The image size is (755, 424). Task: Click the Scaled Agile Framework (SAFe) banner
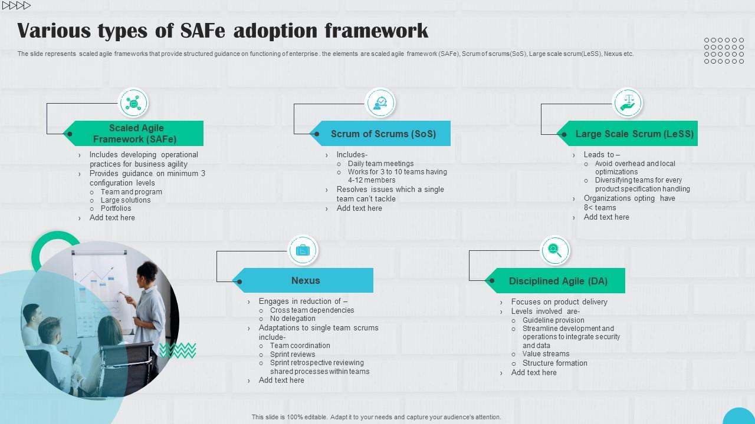click(136, 134)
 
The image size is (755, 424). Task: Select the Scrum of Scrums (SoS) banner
click(383, 134)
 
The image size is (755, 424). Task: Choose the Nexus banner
click(305, 281)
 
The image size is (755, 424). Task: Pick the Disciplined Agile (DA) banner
click(557, 281)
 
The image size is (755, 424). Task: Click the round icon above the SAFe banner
click(133, 103)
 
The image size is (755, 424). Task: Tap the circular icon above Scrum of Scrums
click(380, 103)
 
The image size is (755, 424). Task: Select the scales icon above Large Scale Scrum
click(628, 103)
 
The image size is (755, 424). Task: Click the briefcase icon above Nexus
click(303, 250)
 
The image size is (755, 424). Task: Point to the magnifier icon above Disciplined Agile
click(555, 250)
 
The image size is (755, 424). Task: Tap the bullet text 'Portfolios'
click(116, 208)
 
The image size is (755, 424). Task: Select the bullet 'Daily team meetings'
click(380, 164)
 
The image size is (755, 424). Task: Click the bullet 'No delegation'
click(293, 319)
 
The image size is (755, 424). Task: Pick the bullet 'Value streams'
click(546, 354)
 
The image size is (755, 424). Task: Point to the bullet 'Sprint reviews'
click(293, 355)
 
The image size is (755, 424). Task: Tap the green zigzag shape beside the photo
click(178, 351)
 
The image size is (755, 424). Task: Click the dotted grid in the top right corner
click(724, 51)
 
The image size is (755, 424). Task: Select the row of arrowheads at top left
click(17, 6)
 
